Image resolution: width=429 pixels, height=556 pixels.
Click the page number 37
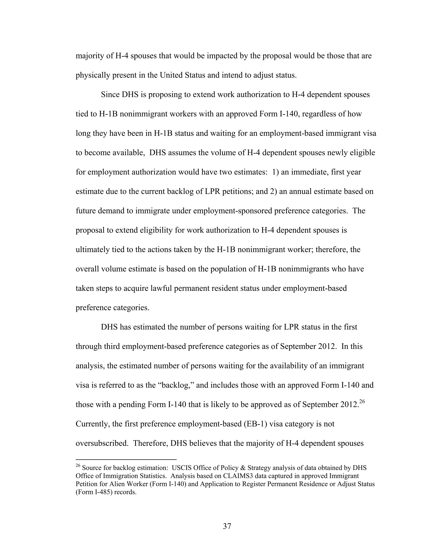(227, 526)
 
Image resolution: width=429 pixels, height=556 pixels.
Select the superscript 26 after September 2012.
(362, 402)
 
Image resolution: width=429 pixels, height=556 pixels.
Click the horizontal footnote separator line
(126, 459)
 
